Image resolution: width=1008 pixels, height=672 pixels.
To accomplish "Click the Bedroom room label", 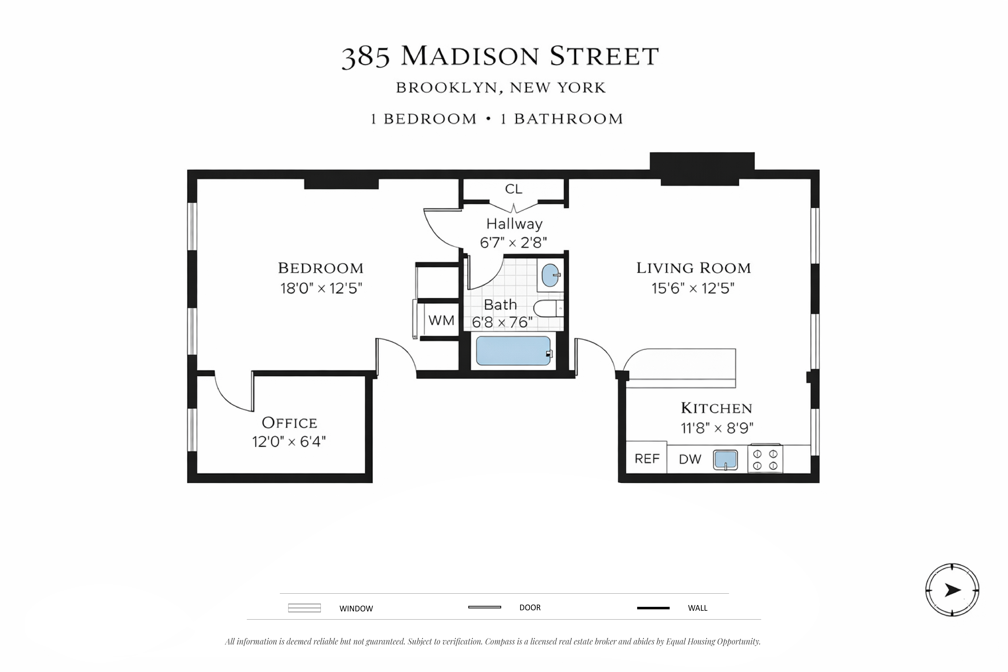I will pyautogui.click(x=321, y=268).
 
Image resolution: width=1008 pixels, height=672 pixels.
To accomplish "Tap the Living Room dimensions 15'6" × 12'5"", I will pyautogui.click(x=693, y=288).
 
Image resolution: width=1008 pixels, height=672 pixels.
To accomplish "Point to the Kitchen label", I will pyautogui.click(x=717, y=408).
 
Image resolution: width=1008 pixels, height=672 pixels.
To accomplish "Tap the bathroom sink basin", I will pyautogui.click(x=550, y=275).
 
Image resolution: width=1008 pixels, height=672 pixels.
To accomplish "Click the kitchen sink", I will pyautogui.click(x=725, y=460).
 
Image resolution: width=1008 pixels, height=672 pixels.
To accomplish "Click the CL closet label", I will pyautogui.click(x=513, y=189).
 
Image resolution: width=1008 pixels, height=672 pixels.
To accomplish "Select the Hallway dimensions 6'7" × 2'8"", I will pyautogui.click(x=513, y=243).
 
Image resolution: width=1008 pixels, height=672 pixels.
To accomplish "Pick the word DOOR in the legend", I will pyautogui.click(x=530, y=608).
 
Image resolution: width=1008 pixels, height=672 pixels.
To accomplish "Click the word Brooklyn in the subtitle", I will pyautogui.click(x=446, y=88).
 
